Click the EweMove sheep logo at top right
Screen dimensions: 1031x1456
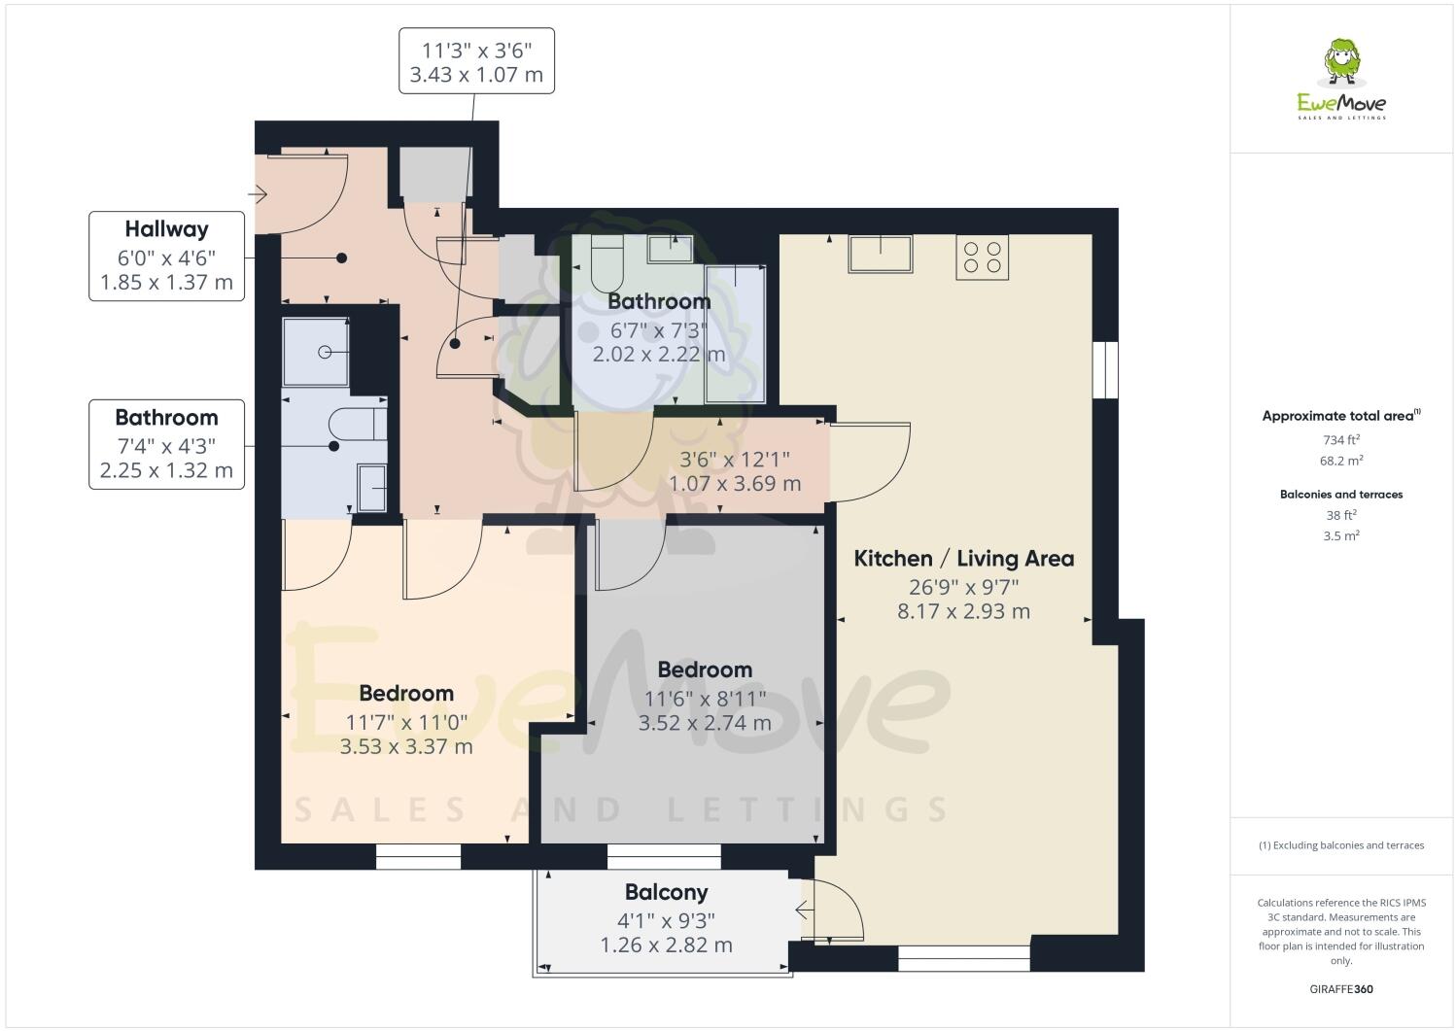pyautogui.click(x=1342, y=62)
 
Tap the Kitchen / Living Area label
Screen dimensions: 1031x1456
pyautogui.click(x=963, y=559)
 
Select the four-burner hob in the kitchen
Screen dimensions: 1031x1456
pyautogui.click(x=982, y=257)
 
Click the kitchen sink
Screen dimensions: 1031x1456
pyautogui.click(x=880, y=254)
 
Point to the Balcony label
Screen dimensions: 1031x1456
pyautogui.click(x=666, y=892)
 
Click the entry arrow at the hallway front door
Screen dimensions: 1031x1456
pyautogui.click(x=259, y=195)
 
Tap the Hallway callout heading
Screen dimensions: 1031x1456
pyautogui.click(x=166, y=229)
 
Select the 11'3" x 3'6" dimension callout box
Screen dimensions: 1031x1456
pyautogui.click(x=476, y=61)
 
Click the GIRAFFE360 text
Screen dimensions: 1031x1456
pyautogui.click(x=1341, y=990)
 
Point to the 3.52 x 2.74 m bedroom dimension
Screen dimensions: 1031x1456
pyautogui.click(x=705, y=723)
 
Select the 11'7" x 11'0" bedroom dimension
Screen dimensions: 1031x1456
pyautogui.click(x=406, y=722)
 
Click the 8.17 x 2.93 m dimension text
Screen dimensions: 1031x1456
pyautogui.click(x=963, y=611)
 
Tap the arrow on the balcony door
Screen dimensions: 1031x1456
pyautogui.click(x=803, y=911)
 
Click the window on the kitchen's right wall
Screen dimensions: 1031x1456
pyautogui.click(x=1104, y=370)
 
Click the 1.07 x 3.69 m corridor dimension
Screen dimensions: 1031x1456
pyautogui.click(x=734, y=483)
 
